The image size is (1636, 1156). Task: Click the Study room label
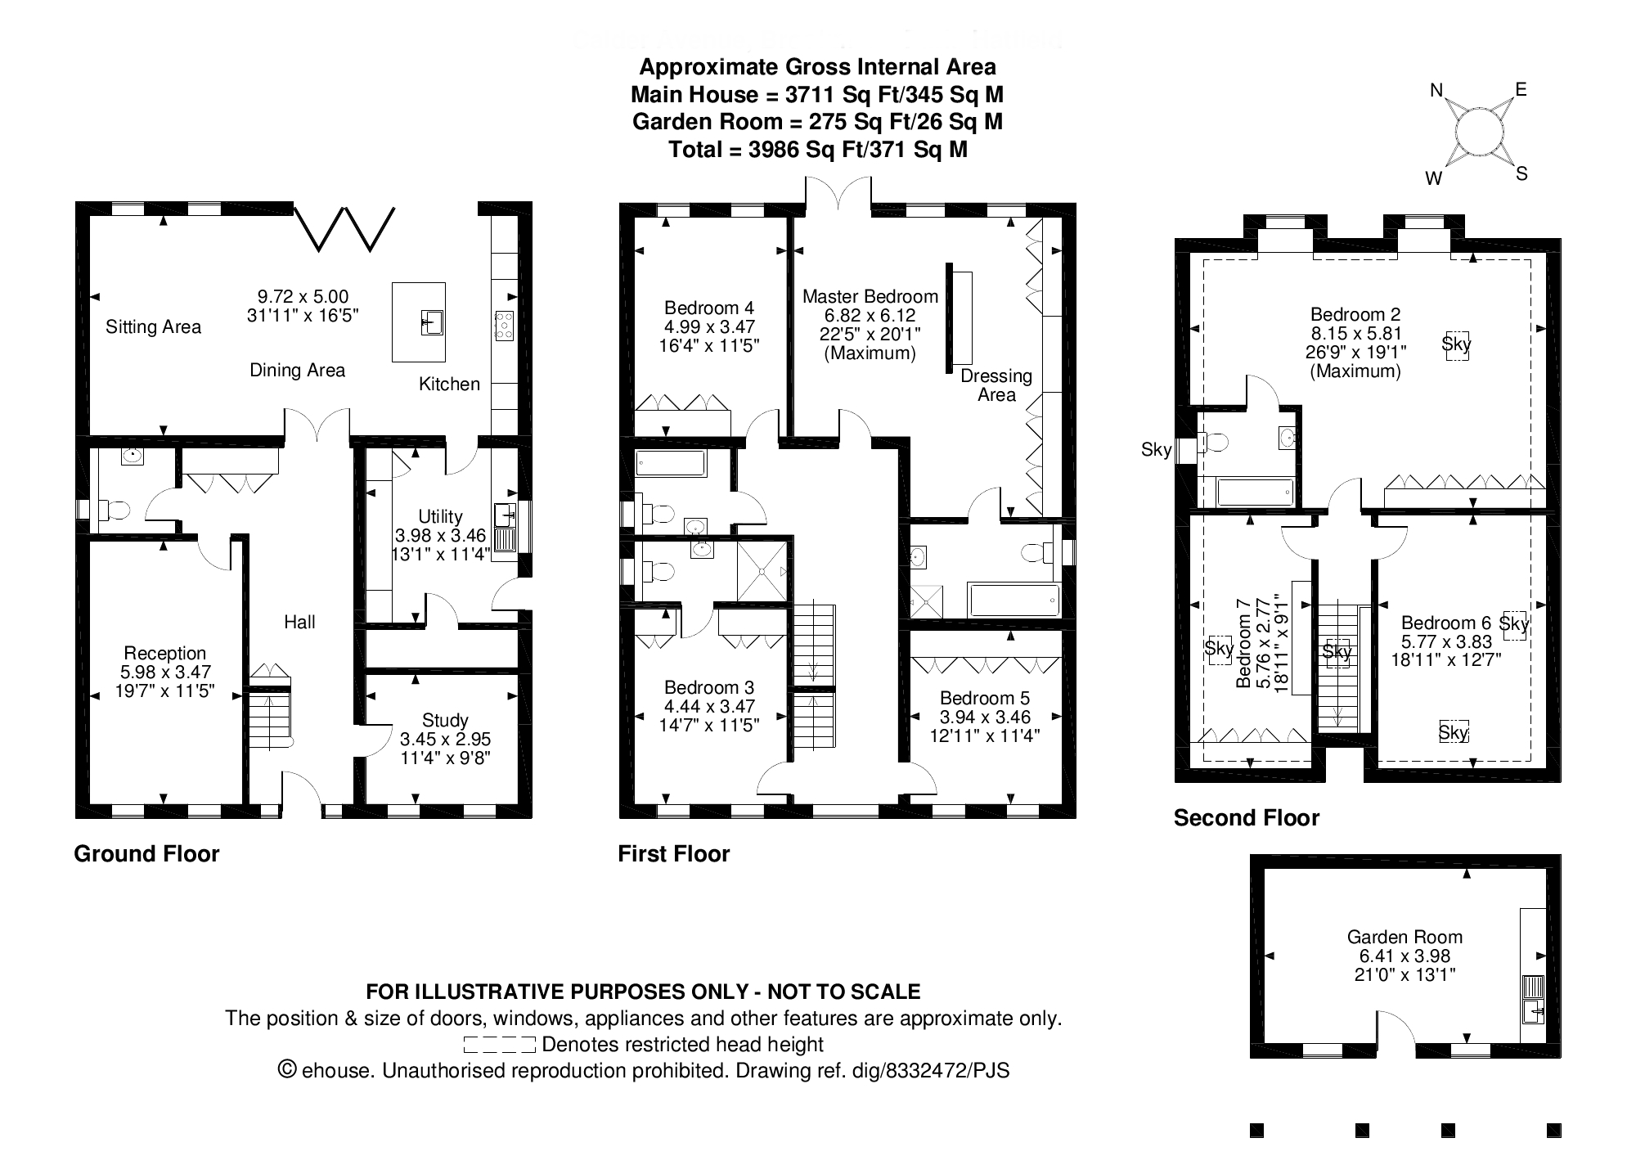pyautogui.click(x=445, y=720)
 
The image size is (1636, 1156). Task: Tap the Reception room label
pyautogui.click(x=164, y=653)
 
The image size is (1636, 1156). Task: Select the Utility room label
pyautogui.click(x=440, y=516)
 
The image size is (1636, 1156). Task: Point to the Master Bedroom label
pyautogui.click(x=870, y=296)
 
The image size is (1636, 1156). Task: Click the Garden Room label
pyautogui.click(x=1405, y=937)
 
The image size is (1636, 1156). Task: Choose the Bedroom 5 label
pyautogui.click(x=984, y=698)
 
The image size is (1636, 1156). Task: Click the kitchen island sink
pyautogui.click(x=431, y=322)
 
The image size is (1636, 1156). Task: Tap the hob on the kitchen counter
pyautogui.click(x=504, y=326)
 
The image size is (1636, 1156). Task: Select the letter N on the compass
pyautogui.click(x=1436, y=91)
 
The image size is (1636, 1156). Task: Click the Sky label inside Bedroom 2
pyautogui.click(x=1456, y=344)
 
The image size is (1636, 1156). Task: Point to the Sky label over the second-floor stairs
pyautogui.click(x=1337, y=652)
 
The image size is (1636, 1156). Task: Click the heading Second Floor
pyautogui.click(x=1246, y=818)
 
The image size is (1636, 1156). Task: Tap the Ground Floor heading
pyautogui.click(x=146, y=854)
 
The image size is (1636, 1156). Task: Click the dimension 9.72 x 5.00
pyautogui.click(x=303, y=297)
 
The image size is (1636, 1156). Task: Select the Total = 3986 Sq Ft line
pyautogui.click(x=817, y=150)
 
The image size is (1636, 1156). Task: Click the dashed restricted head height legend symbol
pyautogui.click(x=499, y=1045)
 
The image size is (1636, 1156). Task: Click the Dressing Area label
pyautogui.click(x=996, y=385)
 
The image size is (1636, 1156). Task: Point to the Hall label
pyautogui.click(x=299, y=622)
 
